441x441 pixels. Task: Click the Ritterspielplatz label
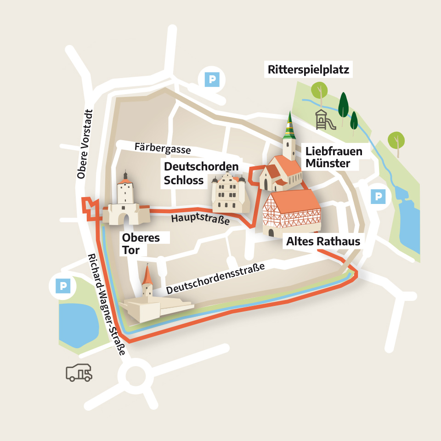pyautogui.click(x=308, y=70)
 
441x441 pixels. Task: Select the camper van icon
pyautogui.click(x=79, y=373)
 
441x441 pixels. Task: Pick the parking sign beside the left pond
pyautogui.click(x=62, y=287)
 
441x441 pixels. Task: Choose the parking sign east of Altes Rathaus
pyautogui.click(x=378, y=197)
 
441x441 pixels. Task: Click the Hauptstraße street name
pyautogui.click(x=200, y=219)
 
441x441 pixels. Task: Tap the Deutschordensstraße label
pyautogui.click(x=216, y=279)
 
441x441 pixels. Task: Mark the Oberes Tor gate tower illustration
pyautogui.click(x=125, y=202)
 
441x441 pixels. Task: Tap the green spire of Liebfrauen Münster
pyautogui.click(x=289, y=126)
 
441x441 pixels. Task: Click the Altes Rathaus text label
pyautogui.click(x=323, y=241)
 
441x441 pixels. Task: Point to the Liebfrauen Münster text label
pyautogui.click(x=334, y=157)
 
